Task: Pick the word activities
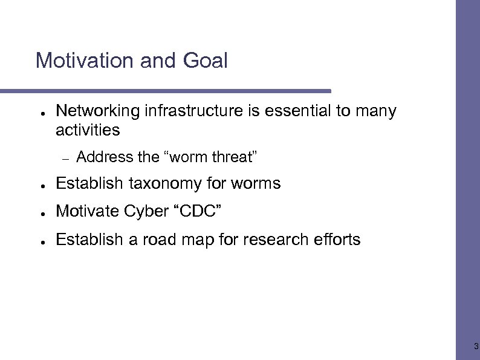click(x=88, y=130)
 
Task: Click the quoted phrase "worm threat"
click(x=211, y=157)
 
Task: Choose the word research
click(x=277, y=240)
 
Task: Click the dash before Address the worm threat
click(x=66, y=158)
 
